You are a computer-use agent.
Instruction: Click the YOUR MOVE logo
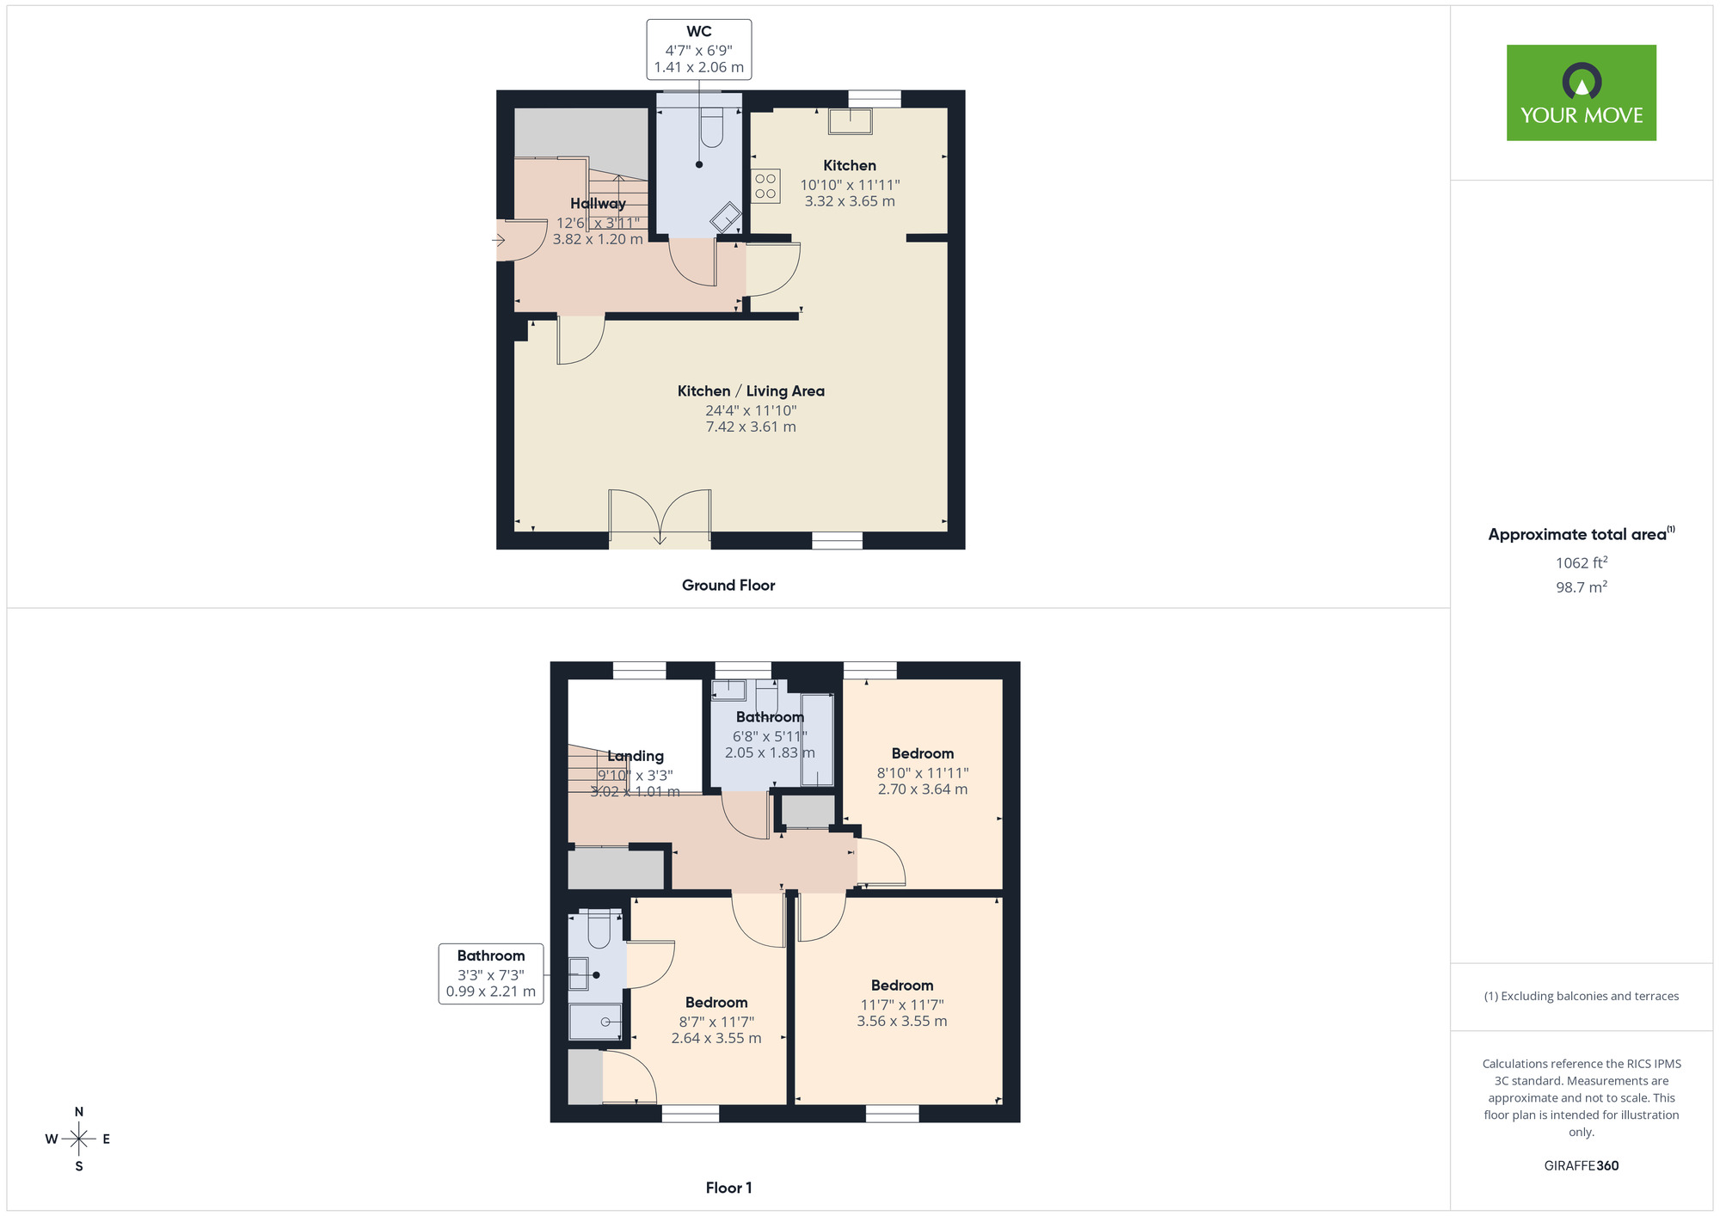click(x=1581, y=93)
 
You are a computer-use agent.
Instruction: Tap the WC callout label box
click(x=699, y=50)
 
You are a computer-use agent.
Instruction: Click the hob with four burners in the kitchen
click(x=765, y=186)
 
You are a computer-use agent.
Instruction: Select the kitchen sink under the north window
click(x=850, y=121)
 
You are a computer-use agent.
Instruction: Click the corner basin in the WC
click(x=726, y=218)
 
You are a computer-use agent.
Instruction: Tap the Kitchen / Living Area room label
click(x=751, y=391)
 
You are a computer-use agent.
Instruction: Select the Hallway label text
click(x=598, y=204)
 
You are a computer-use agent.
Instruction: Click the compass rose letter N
click(x=79, y=1112)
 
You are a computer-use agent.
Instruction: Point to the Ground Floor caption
click(x=728, y=585)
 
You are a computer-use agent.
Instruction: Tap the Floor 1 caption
click(x=728, y=1188)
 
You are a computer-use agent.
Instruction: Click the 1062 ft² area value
click(x=1582, y=563)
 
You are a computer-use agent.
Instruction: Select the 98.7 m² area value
click(x=1582, y=587)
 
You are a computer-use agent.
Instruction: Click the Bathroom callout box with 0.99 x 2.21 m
click(x=491, y=973)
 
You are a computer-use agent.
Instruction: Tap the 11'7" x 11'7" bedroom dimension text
click(x=902, y=1004)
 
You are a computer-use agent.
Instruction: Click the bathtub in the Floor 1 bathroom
click(x=817, y=740)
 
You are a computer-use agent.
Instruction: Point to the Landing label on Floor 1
click(x=636, y=756)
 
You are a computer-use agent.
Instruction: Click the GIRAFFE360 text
click(x=1582, y=1166)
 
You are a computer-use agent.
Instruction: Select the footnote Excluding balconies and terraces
click(x=1582, y=996)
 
